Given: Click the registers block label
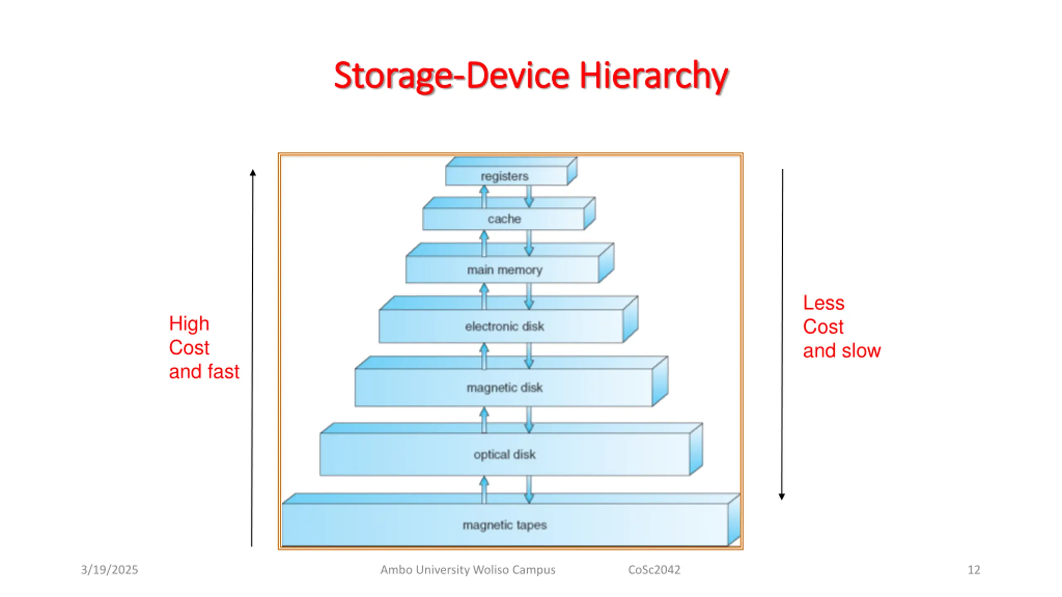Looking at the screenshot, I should (504, 176).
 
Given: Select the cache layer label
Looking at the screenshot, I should (504, 218).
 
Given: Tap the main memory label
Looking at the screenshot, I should (504, 270).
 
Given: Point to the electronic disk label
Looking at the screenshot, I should (504, 326).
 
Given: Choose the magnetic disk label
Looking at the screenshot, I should (504, 388).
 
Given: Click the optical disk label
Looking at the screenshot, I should (504, 454).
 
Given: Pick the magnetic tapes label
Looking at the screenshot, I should (504, 525).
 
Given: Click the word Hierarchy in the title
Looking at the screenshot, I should (653, 75).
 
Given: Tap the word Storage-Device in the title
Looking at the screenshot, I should (452, 75).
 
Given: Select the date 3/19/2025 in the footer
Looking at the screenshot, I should (110, 570).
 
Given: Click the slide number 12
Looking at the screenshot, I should (974, 570).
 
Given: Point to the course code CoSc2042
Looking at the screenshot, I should (654, 570).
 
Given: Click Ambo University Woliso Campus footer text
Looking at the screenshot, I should (468, 570).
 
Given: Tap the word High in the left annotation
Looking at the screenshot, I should (189, 323).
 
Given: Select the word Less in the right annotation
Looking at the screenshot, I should (823, 303).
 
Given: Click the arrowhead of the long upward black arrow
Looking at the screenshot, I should (253, 173).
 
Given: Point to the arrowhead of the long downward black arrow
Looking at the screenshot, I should (782, 496).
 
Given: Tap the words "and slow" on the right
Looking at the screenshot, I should (842, 351).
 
